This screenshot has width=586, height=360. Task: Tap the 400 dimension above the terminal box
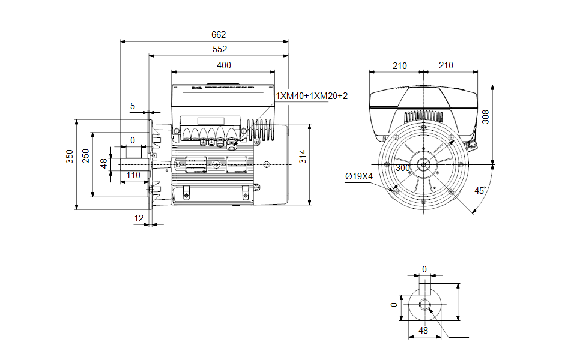(223, 65)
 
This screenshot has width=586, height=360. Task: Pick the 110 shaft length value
(133, 175)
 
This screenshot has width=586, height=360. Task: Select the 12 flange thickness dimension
(139, 218)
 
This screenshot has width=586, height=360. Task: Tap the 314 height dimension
(303, 157)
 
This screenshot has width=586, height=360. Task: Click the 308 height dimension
(486, 116)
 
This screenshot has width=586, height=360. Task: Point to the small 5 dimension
(133, 106)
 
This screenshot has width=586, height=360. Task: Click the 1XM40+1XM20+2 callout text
(312, 95)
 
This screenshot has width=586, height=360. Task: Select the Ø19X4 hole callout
(359, 176)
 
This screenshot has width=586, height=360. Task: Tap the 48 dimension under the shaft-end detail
(423, 331)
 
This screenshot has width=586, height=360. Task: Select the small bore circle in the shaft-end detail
(425, 304)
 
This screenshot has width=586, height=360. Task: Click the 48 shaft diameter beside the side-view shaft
(103, 163)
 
